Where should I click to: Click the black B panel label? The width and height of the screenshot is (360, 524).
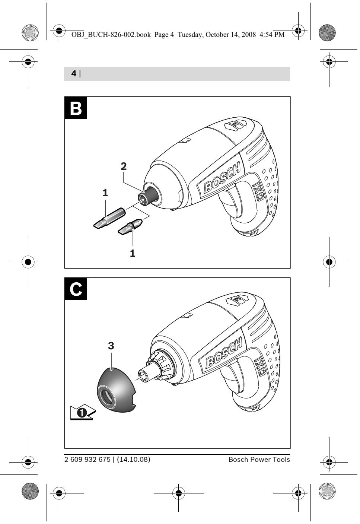(76, 108)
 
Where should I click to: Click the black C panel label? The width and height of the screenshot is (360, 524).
(76, 289)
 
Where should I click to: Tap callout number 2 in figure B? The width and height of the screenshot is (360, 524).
(124, 166)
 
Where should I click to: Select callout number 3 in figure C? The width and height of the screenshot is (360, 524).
(111, 346)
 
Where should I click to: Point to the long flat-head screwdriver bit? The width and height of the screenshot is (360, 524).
(108, 217)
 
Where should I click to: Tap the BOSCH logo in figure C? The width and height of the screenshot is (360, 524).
(221, 354)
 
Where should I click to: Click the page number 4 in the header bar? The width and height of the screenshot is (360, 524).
(74, 74)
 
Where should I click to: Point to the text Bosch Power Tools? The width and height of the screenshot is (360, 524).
(259, 460)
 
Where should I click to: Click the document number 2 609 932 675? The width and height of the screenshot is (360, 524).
(87, 460)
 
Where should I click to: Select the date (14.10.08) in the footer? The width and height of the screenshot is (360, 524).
(134, 460)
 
